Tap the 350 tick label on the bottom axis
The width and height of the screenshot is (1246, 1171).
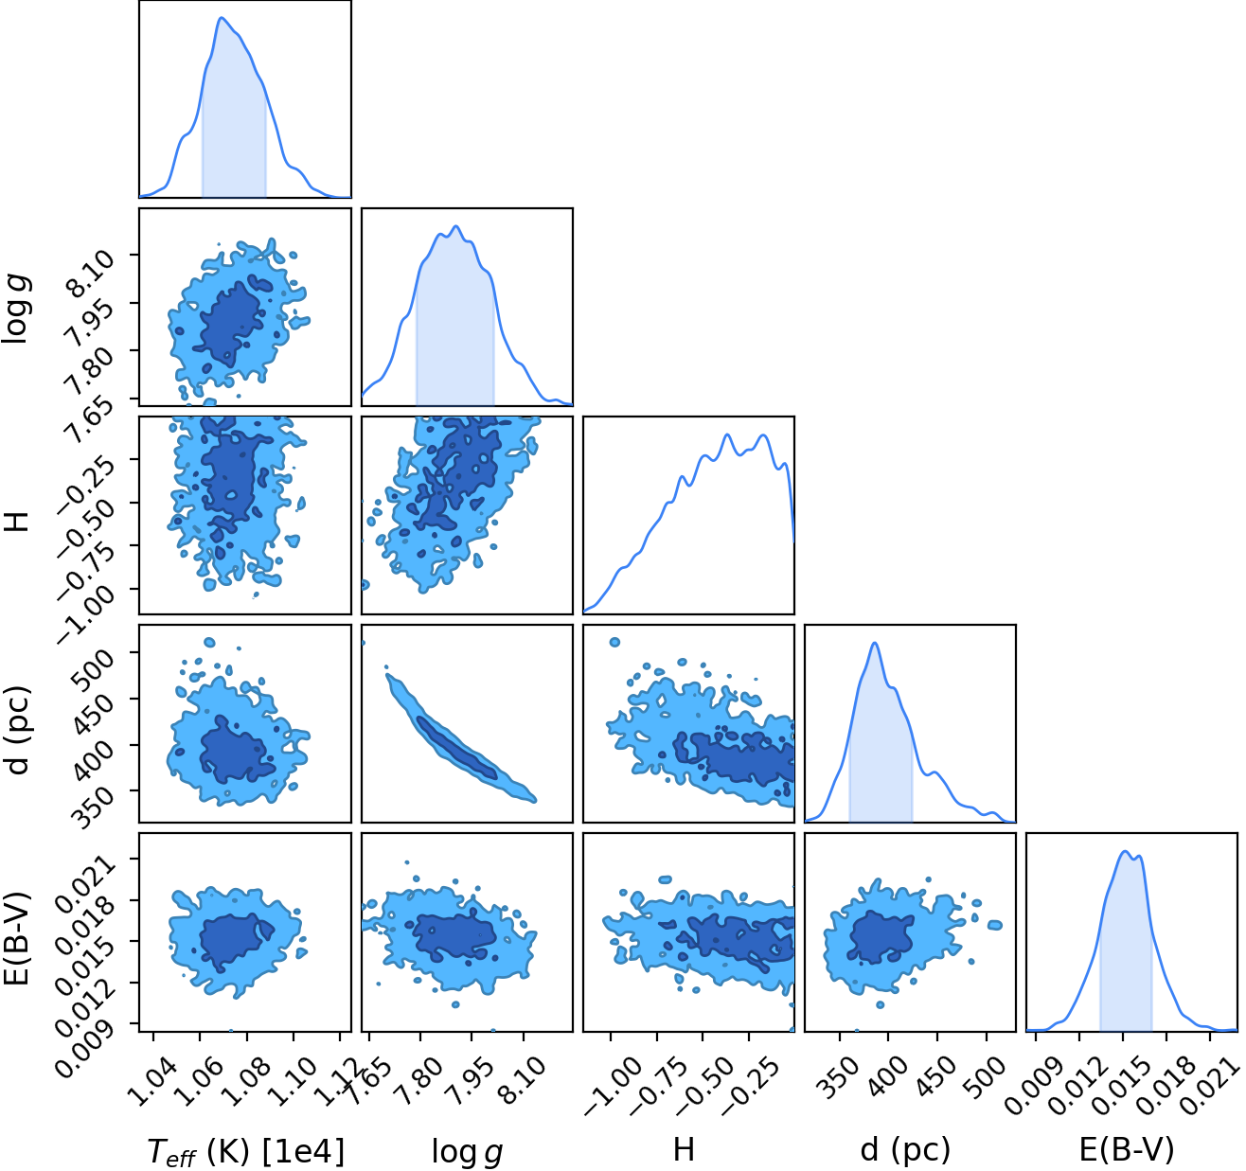click(x=838, y=1077)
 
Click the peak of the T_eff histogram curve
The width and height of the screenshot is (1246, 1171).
click(x=221, y=18)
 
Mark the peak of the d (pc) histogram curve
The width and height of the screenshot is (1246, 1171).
click(x=875, y=643)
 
